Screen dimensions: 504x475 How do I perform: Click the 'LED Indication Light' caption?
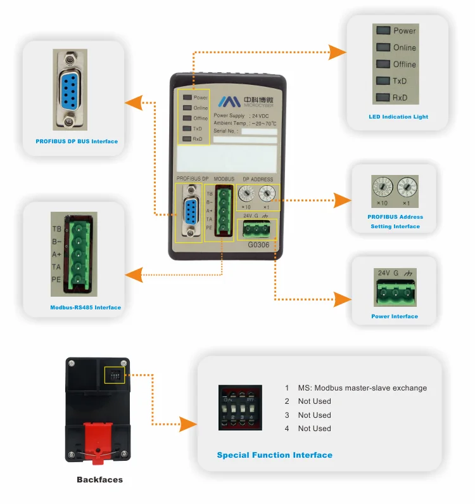[x=398, y=117]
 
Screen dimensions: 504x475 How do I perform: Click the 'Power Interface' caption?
[x=395, y=316]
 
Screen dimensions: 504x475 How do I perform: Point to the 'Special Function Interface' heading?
[x=274, y=455]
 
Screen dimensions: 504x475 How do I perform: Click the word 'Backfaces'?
[x=99, y=480]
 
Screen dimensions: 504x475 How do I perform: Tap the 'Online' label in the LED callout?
[x=405, y=48]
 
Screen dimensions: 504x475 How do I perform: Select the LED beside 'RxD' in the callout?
[x=383, y=98]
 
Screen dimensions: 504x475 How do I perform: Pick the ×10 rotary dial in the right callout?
[x=382, y=186]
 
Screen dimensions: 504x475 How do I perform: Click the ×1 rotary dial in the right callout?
[x=407, y=186]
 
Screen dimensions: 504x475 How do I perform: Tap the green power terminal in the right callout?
[x=394, y=292]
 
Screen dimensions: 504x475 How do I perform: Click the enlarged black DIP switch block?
[x=239, y=406]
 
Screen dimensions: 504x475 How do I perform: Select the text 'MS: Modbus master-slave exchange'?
[x=362, y=388]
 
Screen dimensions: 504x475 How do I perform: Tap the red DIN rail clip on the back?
[x=98, y=439]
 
